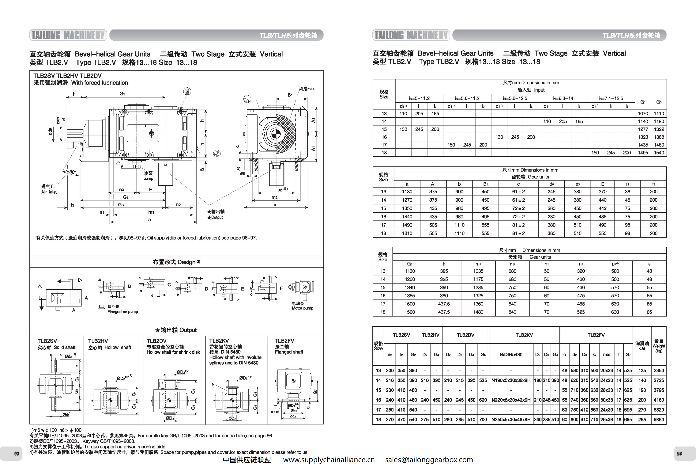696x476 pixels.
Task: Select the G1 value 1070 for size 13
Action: click(x=643, y=114)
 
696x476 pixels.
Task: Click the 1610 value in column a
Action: click(x=407, y=233)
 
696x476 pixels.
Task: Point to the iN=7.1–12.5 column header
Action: click(x=611, y=98)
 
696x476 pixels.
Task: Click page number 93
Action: click(x=16, y=454)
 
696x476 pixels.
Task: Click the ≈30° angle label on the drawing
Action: click(x=71, y=172)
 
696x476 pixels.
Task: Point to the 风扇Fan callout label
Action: click(x=306, y=89)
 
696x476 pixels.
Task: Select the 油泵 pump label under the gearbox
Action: click(x=148, y=176)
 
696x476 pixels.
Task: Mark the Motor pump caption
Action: click(x=302, y=308)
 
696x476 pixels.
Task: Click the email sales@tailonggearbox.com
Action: click(x=429, y=460)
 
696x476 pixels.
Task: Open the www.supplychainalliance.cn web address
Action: click(x=329, y=460)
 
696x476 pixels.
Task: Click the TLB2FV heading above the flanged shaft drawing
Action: click(x=284, y=341)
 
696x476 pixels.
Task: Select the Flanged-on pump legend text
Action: click(x=123, y=312)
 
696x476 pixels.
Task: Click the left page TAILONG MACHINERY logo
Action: click(x=68, y=35)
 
